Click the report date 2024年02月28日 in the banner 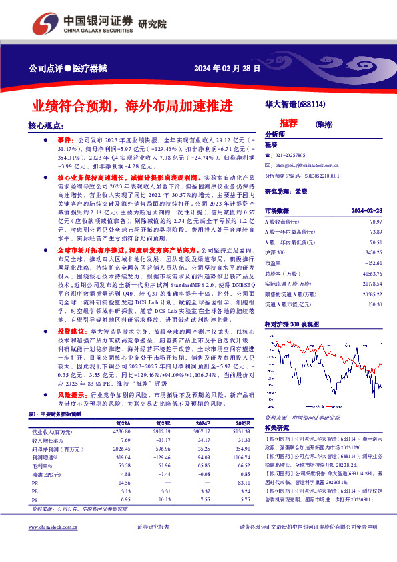(226, 68)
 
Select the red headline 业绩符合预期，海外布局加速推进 (133, 106)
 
